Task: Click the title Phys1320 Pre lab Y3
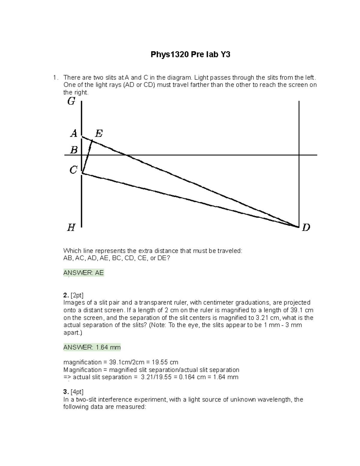pyautogui.click(x=190, y=55)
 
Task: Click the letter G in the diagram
pyautogui.click(x=71, y=102)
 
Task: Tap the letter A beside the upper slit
pyautogui.click(x=74, y=133)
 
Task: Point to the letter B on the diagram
pyautogui.click(x=74, y=150)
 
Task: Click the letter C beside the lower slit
pyautogui.click(x=73, y=170)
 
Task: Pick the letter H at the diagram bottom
pyautogui.click(x=71, y=228)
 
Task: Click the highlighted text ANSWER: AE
pyautogui.click(x=84, y=273)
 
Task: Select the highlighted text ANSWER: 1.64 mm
pyautogui.click(x=92, y=347)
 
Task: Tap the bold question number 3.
pyautogui.click(x=66, y=392)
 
